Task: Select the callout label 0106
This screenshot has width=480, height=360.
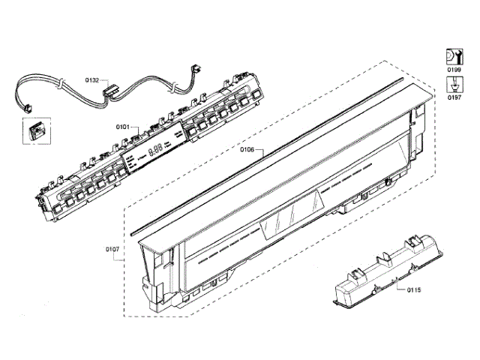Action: (248, 150)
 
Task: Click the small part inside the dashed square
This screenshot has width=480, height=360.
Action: (34, 133)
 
